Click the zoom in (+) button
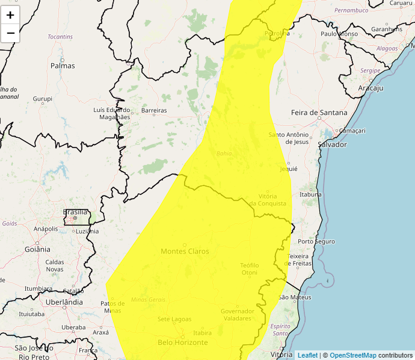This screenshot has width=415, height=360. pos(10,15)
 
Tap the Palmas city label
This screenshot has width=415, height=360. pos(63,66)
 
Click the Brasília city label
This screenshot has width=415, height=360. pos(75,212)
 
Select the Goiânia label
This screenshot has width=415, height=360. pos(37,249)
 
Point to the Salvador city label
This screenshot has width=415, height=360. pos(333,144)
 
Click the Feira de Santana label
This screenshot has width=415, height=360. pos(319,113)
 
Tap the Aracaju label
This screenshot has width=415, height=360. pos(370,88)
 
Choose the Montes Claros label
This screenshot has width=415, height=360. pos(185,251)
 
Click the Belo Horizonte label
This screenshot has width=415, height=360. pos(182,343)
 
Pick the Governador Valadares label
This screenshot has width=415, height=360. pos(237,314)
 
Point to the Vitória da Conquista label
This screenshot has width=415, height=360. pos(267,200)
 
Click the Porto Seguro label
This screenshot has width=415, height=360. pos(316,241)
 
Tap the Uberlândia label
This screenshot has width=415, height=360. pos(64,302)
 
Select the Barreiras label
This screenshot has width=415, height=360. pos(153,111)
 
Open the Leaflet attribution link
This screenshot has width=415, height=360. pos(307,355)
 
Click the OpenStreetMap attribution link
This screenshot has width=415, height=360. pos(352,355)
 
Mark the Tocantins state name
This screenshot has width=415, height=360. pos(60,37)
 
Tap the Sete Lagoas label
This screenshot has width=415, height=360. pos(174,319)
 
